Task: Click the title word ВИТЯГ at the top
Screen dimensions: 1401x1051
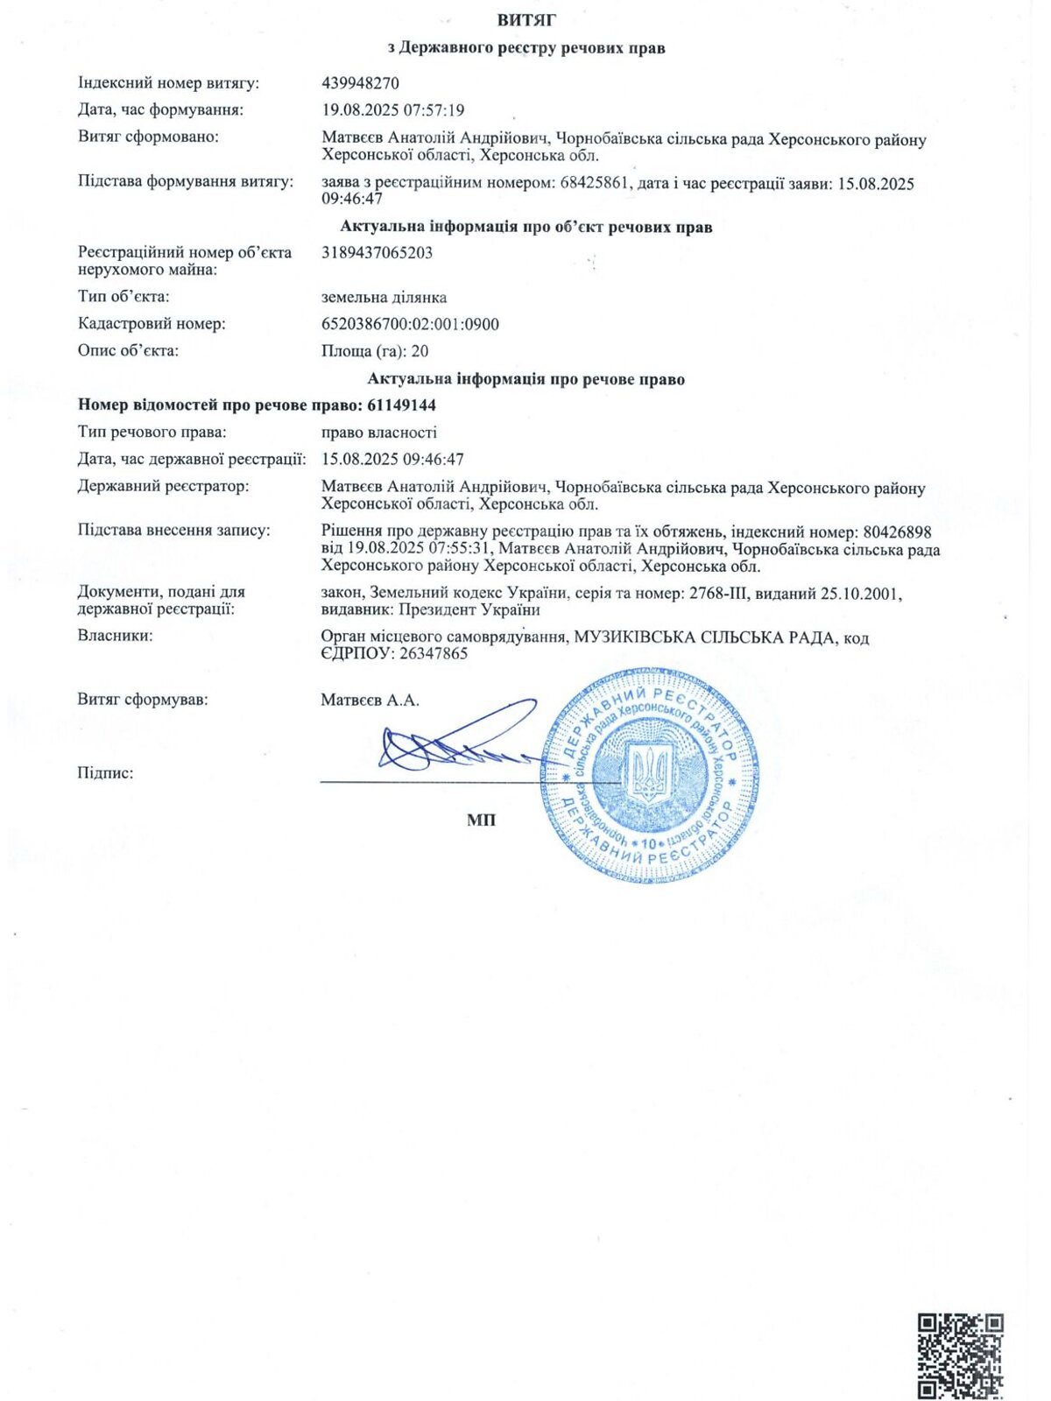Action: click(525, 20)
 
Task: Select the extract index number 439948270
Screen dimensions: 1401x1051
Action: click(361, 83)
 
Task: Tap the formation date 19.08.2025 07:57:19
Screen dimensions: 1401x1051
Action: click(393, 110)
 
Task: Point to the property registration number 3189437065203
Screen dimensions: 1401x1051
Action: click(377, 253)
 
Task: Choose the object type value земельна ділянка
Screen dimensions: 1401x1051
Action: click(384, 298)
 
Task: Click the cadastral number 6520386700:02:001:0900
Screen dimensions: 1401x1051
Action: click(411, 325)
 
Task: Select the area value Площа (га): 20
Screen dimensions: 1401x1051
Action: click(375, 351)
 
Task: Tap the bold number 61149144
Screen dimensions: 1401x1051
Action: click(402, 405)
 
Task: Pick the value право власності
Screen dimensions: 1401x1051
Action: click(379, 433)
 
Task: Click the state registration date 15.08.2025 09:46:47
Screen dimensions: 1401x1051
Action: click(393, 460)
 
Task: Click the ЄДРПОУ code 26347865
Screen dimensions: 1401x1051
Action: click(433, 654)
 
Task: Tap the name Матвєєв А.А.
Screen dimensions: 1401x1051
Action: click(370, 700)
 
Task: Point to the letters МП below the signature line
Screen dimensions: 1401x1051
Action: click(481, 820)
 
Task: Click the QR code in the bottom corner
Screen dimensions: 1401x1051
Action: click(960, 1355)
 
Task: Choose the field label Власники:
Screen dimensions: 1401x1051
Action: click(115, 636)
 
